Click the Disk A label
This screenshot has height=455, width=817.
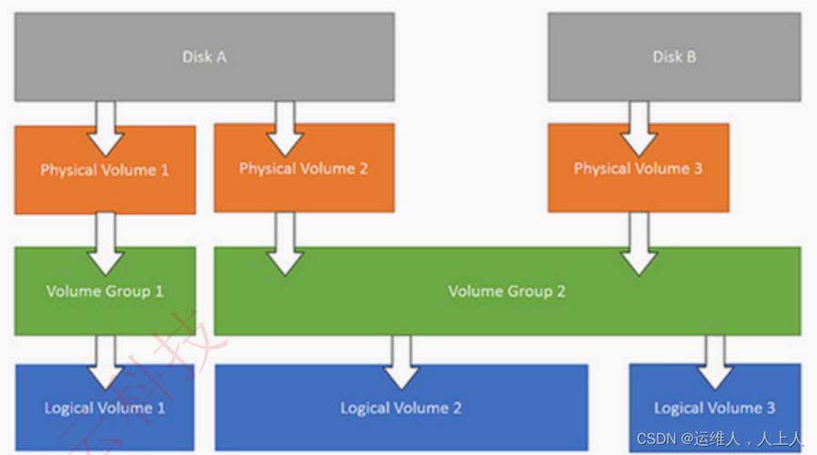coord(204,56)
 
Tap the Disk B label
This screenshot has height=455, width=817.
coord(674,56)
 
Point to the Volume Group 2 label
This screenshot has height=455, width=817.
coord(507,291)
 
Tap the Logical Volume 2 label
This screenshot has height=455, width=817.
coord(400,408)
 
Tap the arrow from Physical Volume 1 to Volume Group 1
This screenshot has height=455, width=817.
coord(106,244)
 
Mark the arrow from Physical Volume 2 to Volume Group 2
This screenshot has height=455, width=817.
coord(286,244)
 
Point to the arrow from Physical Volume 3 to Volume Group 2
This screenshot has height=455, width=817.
coord(638,244)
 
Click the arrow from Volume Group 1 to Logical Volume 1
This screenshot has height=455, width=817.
coord(106,362)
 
